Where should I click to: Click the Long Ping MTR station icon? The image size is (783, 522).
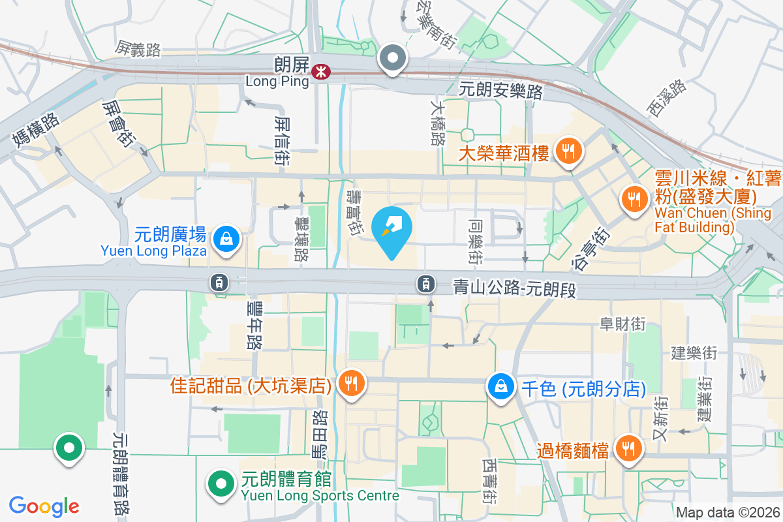[320, 72]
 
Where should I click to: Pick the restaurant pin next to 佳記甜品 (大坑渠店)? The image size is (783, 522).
[352, 384]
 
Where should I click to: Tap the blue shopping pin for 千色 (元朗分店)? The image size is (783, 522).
[500, 387]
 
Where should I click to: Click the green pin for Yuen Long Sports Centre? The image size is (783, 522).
[221, 484]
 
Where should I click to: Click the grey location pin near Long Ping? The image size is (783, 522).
[393, 59]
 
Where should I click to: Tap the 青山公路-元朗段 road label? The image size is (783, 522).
[515, 288]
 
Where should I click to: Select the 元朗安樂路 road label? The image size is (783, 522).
[501, 91]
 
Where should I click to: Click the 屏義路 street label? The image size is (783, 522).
[138, 48]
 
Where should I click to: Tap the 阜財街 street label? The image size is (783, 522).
[622, 323]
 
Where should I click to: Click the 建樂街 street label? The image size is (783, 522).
[694, 353]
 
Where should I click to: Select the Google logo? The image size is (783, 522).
[44, 506]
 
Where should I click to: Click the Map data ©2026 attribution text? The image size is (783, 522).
[727, 513]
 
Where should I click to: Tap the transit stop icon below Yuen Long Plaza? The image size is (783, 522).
[218, 282]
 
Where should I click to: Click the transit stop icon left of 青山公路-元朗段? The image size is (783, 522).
[425, 283]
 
